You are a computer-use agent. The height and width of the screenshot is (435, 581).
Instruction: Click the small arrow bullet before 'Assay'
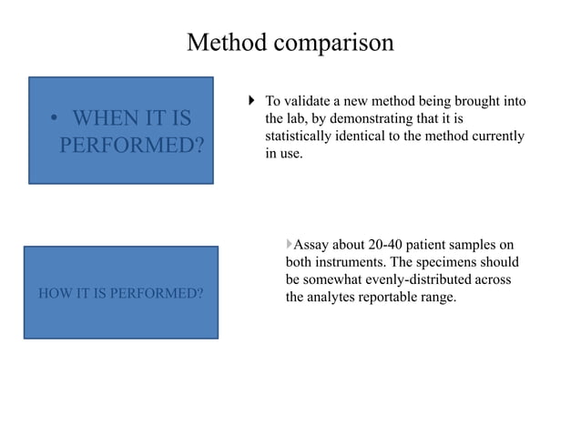pos(289,244)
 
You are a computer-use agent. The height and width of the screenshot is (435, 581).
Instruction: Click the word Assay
pos(312,245)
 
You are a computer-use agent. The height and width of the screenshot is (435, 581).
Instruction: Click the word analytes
pos(336,297)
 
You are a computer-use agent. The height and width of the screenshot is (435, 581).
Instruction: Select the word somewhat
pos(335,279)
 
